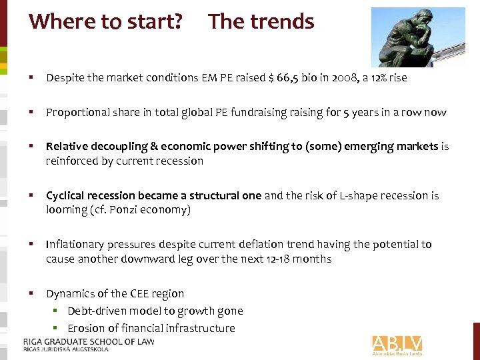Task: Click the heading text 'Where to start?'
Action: (105, 21)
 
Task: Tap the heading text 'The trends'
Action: (261, 21)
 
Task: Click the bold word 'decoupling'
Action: (111, 147)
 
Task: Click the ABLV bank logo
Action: (397, 344)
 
